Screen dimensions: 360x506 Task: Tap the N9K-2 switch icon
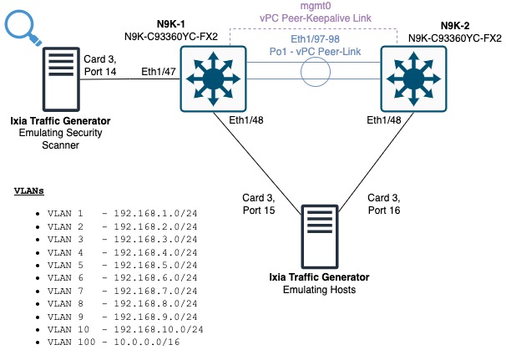[x=414, y=80]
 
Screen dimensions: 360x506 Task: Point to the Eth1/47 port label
[x=159, y=72]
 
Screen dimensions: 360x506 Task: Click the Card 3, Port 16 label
[x=384, y=205]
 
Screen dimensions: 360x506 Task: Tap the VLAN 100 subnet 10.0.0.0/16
[x=149, y=342]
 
